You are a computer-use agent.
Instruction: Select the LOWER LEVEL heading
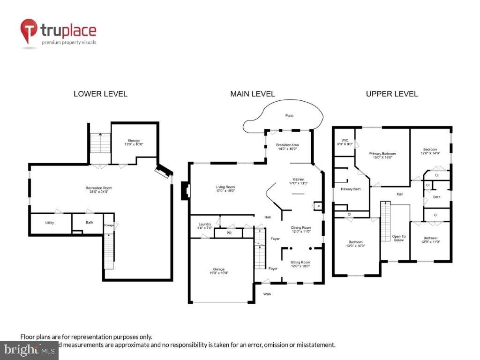click(x=100, y=94)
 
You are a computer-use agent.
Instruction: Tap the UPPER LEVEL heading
click(x=392, y=94)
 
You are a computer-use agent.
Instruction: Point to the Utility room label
click(x=50, y=223)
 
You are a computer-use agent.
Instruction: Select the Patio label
click(x=290, y=115)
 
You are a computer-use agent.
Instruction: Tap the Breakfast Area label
click(x=287, y=147)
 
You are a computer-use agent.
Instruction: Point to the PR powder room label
click(x=229, y=232)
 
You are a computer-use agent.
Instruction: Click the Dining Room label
click(x=301, y=229)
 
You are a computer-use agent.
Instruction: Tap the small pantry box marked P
click(x=318, y=206)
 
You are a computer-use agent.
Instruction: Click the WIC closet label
click(x=345, y=142)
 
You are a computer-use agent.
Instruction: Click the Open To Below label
click(x=398, y=238)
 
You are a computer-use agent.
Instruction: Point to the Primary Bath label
click(x=350, y=189)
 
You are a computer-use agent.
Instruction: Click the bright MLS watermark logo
click(x=29, y=350)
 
